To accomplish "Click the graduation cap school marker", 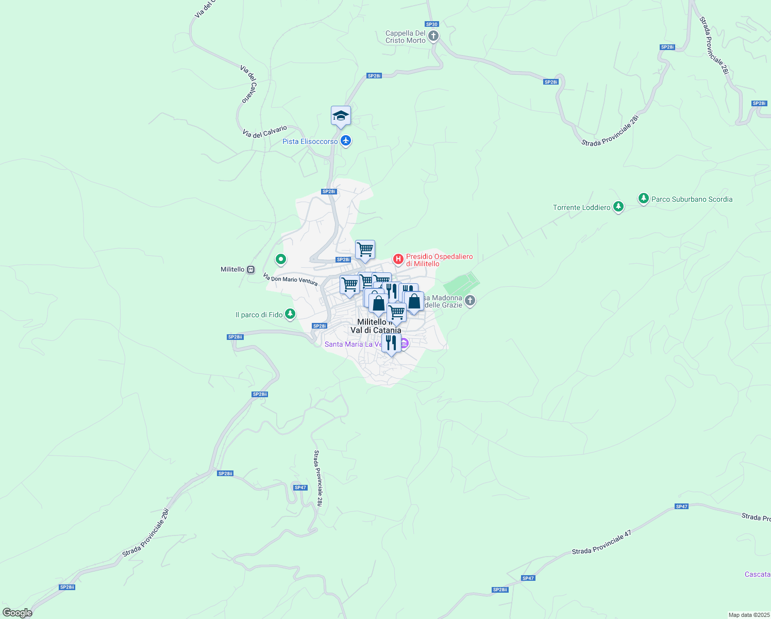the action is pyautogui.click(x=341, y=116).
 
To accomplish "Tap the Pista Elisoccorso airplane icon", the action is pyautogui.click(x=346, y=141).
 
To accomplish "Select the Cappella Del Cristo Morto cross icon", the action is pyautogui.click(x=433, y=36).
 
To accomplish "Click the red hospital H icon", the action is pyautogui.click(x=398, y=258).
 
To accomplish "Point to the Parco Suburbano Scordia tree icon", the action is pyautogui.click(x=643, y=198).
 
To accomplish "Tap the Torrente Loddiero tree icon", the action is pyautogui.click(x=618, y=207).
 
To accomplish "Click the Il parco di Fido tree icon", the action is pyautogui.click(x=290, y=314).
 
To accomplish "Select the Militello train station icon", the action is pyautogui.click(x=251, y=269).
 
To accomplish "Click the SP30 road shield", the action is pyautogui.click(x=431, y=24).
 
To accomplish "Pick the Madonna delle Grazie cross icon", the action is pyautogui.click(x=470, y=300).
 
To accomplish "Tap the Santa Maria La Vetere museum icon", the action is pyautogui.click(x=404, y=344).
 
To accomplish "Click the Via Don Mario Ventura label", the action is pyautogui.click(x=290, y=280).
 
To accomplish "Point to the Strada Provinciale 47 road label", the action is pyautogui.click(x=601, y=543).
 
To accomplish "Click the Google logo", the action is pyautogui.click(x=17, y=613).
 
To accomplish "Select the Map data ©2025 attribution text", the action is pyautogui.click(x=748, y=615).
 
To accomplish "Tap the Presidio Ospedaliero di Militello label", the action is pyautogui.click(x=439, y=260).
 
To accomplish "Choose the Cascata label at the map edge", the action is pyautogui.click(x=758, y=574).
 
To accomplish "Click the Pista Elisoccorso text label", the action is pyautogui.click(x=310, y=141).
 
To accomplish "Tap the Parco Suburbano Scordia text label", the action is pyautogui.click(x=692, y=199).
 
